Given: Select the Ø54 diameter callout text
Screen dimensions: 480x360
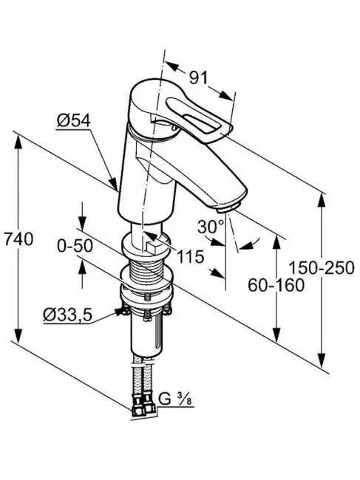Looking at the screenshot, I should (73, 119).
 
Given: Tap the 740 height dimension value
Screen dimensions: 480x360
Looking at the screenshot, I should (18, 239).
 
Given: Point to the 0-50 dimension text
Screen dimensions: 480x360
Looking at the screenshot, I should (75, 247).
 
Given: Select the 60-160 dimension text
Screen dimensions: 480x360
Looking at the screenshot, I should (276, 285).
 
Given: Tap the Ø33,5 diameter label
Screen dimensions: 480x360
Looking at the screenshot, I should (67, 315).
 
